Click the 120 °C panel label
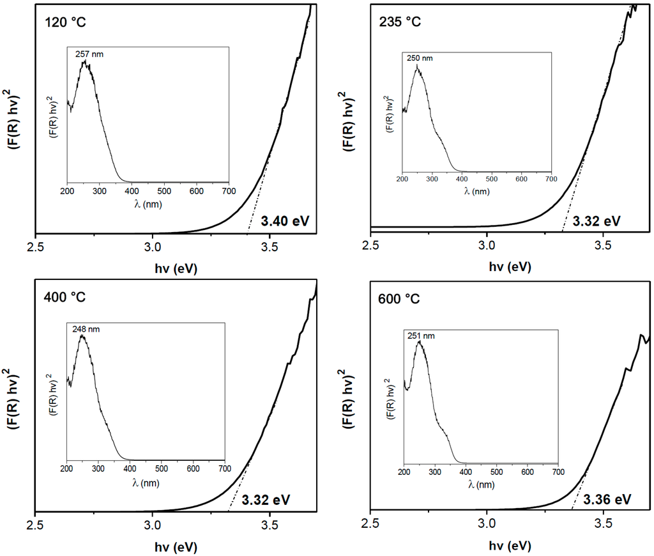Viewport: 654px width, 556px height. (x=65, y=23)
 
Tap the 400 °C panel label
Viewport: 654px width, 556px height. (x=65, y=298)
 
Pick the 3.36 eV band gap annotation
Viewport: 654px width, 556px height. (x=608, y=499)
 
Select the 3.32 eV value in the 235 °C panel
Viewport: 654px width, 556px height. (x=597, y=221)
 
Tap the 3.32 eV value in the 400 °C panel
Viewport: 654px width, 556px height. (x=266, y=499)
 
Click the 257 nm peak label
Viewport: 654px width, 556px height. (x=89, y=55)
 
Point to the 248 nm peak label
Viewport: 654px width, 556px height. (x=86, y=330)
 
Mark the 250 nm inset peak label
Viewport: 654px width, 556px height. (x=420, y=58)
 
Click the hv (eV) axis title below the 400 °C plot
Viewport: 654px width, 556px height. (x=176, y=546)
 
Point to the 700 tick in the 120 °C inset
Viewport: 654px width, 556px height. (x=228, y=191)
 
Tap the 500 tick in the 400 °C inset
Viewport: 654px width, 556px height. (x=161, y=468)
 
